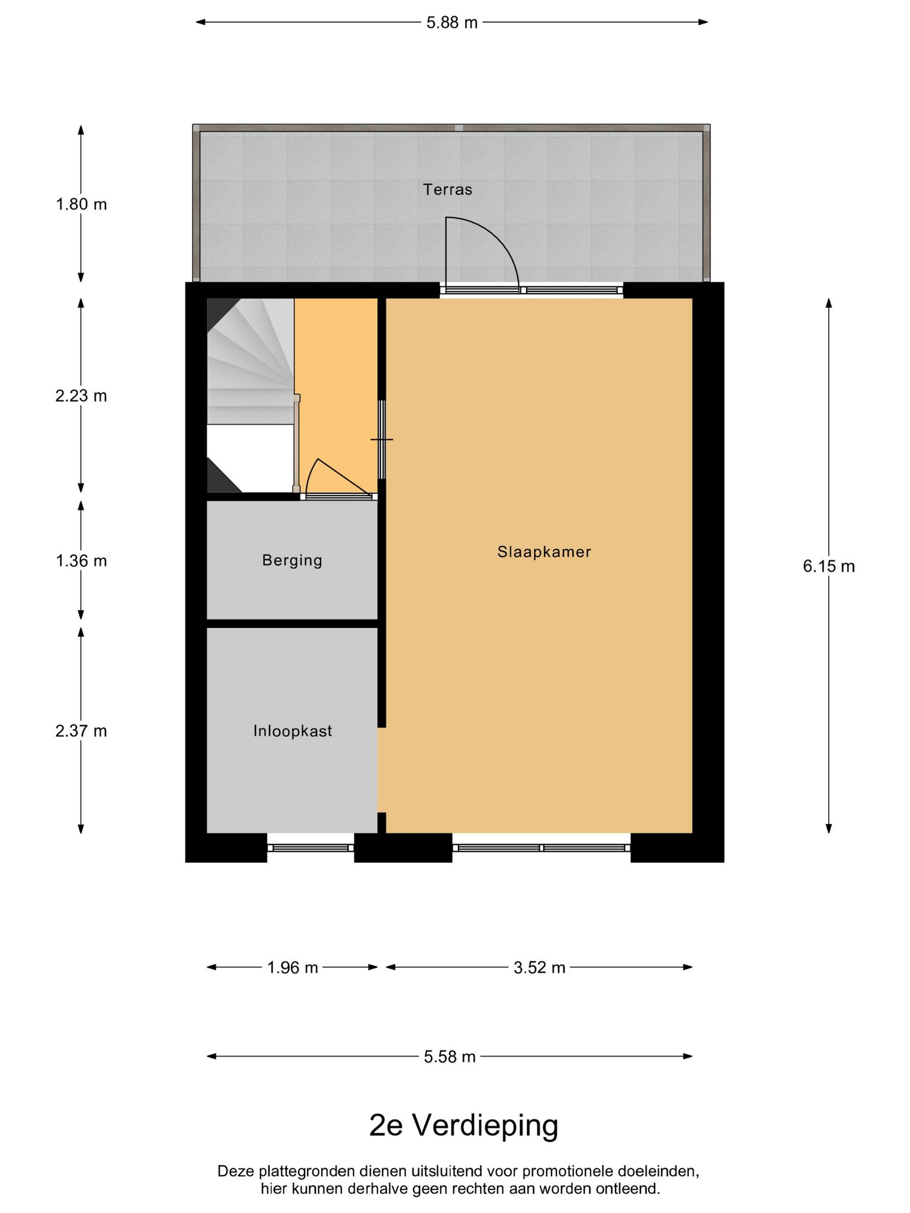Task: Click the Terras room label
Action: coord(447,190)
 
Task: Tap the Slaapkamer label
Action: coord(544,552)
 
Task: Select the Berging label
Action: coord(292,560)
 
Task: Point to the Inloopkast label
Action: coord(293,731)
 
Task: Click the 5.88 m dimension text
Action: coord(452,23)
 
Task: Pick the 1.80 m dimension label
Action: coord(81,204)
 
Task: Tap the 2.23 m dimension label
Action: coord(81,396)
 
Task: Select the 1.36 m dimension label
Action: coord(81,560)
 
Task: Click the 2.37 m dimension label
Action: coord(81,731)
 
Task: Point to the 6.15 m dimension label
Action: coord(829,566)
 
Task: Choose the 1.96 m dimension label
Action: coord(293,968)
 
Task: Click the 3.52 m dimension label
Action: coord(539,968)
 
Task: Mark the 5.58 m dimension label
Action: coord(450,1057)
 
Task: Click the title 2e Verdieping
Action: coord(464,1125)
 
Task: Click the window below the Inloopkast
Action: coord(310,848)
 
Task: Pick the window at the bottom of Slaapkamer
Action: coord(541,848)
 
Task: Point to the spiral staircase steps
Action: coord(250,361)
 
